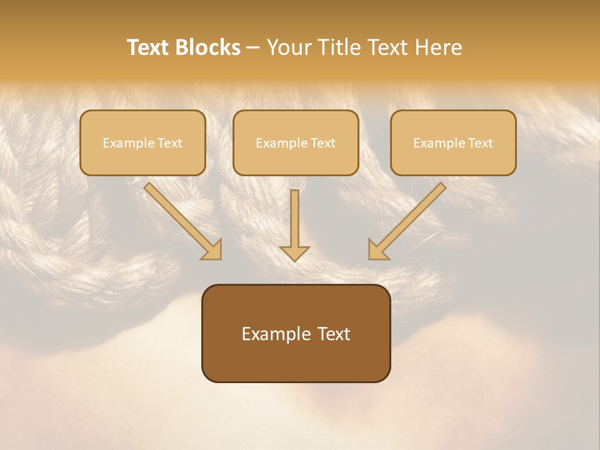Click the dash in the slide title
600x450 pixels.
click(253, 48)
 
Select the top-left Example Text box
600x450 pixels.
click(142, 142)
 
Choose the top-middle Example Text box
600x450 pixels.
click(296, 142)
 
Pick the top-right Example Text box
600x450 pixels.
click(453, 142)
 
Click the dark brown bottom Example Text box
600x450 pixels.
click(296, 333)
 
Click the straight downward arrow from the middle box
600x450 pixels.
click(294, 222)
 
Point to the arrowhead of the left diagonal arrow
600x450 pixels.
click(212, 250)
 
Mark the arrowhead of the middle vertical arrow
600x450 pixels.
click(294, 252)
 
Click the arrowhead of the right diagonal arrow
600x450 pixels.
click(377, 250)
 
